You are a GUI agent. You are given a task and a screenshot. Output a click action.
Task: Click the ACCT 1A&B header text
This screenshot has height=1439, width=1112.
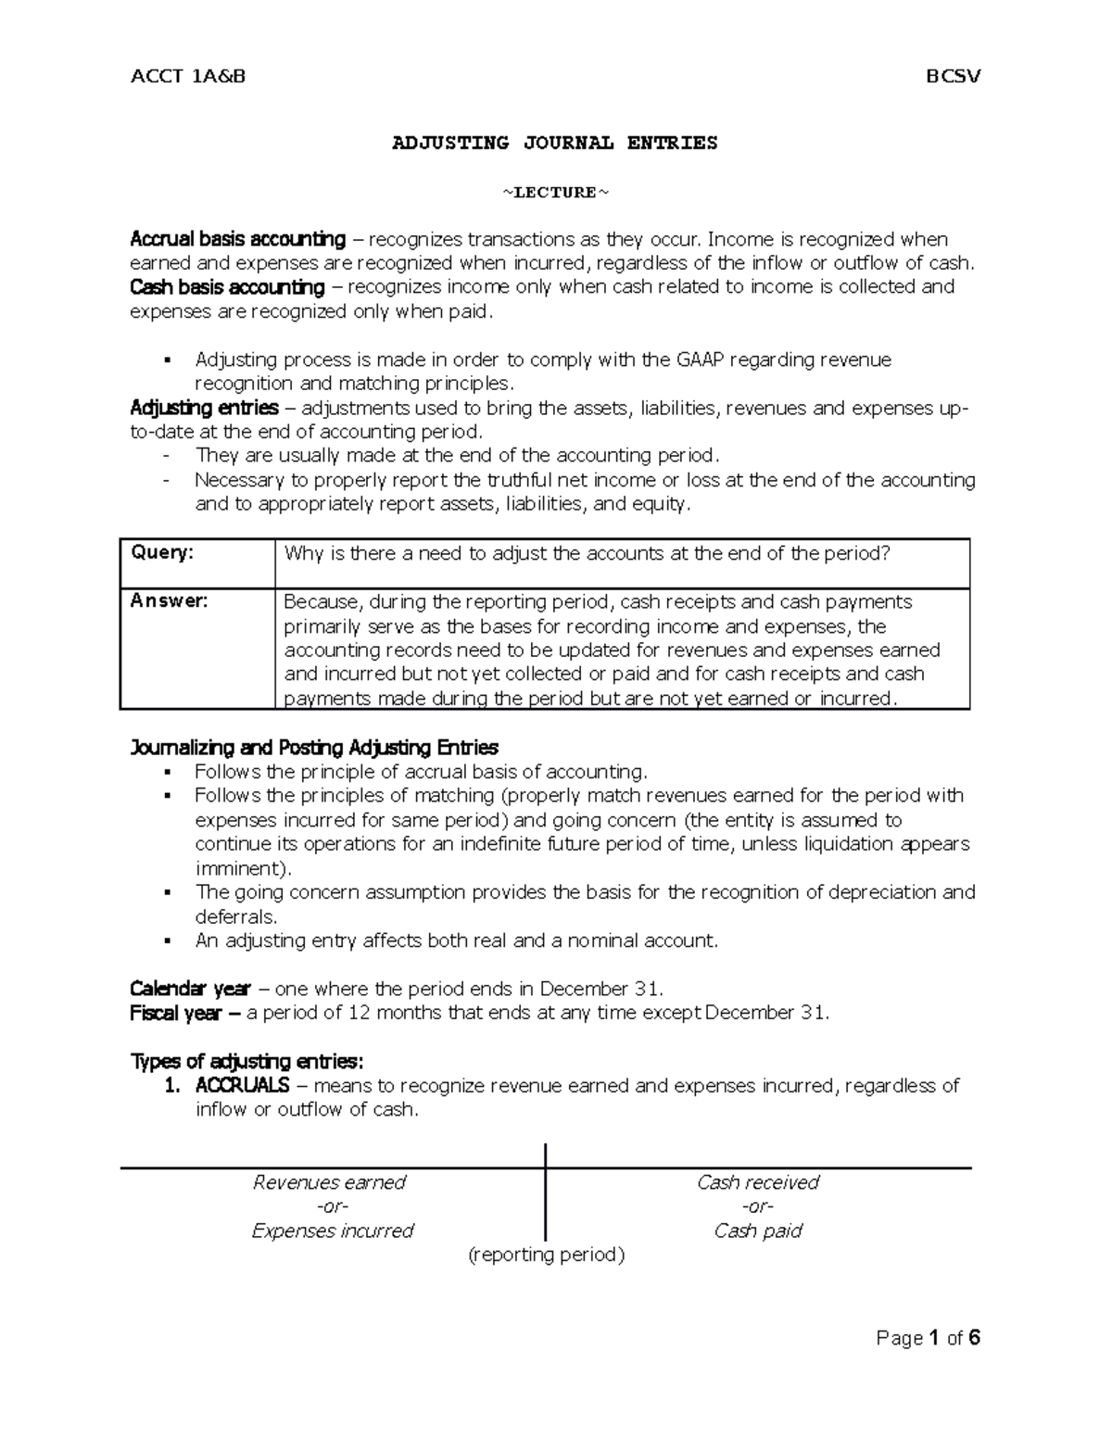(188, 76)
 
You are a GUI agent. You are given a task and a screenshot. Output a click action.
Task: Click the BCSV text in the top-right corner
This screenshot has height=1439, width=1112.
(954, 76)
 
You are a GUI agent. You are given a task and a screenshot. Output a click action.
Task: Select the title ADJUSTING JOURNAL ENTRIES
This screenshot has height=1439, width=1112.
(555, 143)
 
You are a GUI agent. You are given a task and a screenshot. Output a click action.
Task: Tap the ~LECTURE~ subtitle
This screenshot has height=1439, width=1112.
(556, 193)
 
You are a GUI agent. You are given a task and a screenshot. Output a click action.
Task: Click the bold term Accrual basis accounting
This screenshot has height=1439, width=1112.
(238, 240)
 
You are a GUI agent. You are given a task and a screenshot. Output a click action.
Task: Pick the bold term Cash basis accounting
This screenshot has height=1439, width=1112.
(227, 287)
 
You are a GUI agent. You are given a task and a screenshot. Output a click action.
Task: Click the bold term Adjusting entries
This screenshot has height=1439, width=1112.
(204, 408)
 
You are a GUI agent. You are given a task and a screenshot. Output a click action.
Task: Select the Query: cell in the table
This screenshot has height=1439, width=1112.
(163, 553)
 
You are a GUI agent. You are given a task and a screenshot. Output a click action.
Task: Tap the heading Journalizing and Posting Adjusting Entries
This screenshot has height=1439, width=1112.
(314, 747)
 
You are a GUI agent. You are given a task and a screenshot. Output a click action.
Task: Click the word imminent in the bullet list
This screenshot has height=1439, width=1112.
(241, 868)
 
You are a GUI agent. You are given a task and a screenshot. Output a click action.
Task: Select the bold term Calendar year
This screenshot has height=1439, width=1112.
(190, 988)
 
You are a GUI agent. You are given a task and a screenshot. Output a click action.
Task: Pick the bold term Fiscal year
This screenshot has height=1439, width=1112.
(176, 1013)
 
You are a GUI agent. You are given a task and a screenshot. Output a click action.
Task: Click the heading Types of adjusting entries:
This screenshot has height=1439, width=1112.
(248, 1061)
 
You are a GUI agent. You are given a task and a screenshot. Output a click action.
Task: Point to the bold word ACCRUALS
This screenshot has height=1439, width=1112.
(243, 1085)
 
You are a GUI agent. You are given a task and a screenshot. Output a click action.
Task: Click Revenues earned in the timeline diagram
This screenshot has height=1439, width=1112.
(330, 1182)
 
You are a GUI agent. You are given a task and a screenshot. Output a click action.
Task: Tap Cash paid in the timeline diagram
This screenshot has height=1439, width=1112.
(758, 1231)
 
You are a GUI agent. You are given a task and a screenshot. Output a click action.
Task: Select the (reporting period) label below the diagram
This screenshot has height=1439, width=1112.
(547, 1255)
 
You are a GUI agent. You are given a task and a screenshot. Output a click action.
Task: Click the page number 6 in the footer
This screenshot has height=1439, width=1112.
(974, 1338)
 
